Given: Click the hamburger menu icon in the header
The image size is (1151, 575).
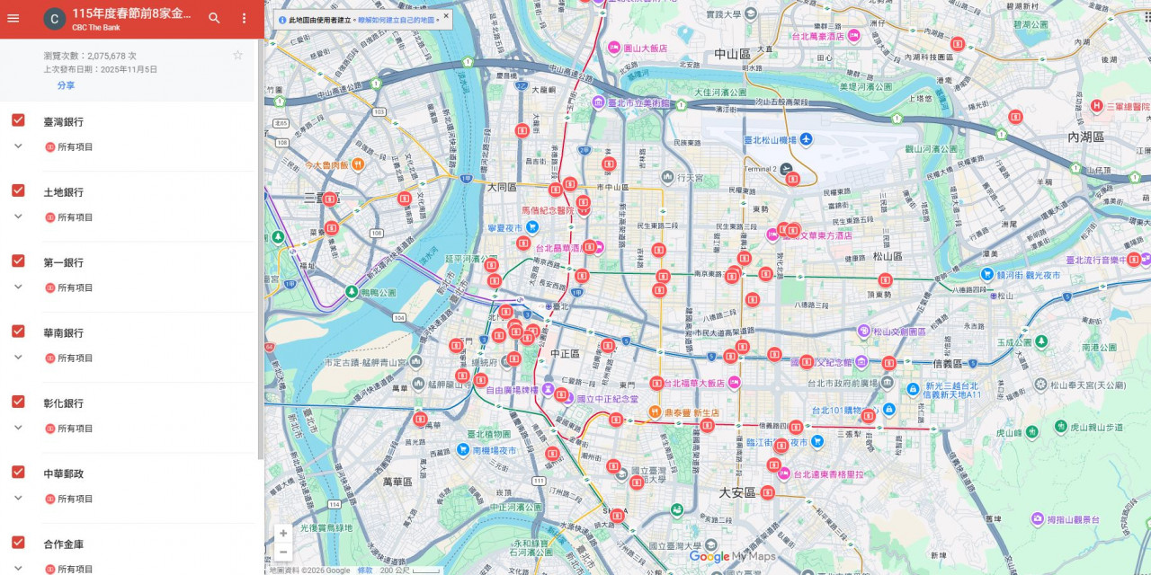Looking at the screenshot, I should click(x=13, y=18).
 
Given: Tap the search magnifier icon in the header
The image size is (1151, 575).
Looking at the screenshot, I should click(x=214, y=18).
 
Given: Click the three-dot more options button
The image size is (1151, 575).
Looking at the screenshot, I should click(x=244, y=18).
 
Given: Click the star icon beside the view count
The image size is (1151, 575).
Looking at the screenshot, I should click(x=237, y=55).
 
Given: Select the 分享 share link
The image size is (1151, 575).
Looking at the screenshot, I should click(x=66, y=85).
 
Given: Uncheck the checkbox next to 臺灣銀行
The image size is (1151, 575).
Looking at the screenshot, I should click(x=18, y=120).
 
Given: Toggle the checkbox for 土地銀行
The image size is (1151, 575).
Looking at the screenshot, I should click(x=18, y=190).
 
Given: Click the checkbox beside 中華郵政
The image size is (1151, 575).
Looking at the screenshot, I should click(x=18, y=472).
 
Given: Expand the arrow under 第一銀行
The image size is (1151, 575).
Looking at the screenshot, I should click(x=18, y=287).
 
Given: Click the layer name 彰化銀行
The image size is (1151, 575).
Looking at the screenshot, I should click(x=63, y=403).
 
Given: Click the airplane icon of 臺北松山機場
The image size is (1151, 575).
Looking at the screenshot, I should click(x=806, y=139).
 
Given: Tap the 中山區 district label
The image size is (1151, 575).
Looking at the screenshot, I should click(x=732, y=54).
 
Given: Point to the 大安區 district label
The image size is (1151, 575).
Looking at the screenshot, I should click(x=736, y=492).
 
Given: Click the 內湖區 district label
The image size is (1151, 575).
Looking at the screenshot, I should click(x=1085, y=137).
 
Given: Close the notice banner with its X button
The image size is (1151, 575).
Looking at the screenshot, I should click(x=446, y=15).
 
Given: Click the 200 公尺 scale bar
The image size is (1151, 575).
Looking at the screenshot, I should click(x=409, y=570).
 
